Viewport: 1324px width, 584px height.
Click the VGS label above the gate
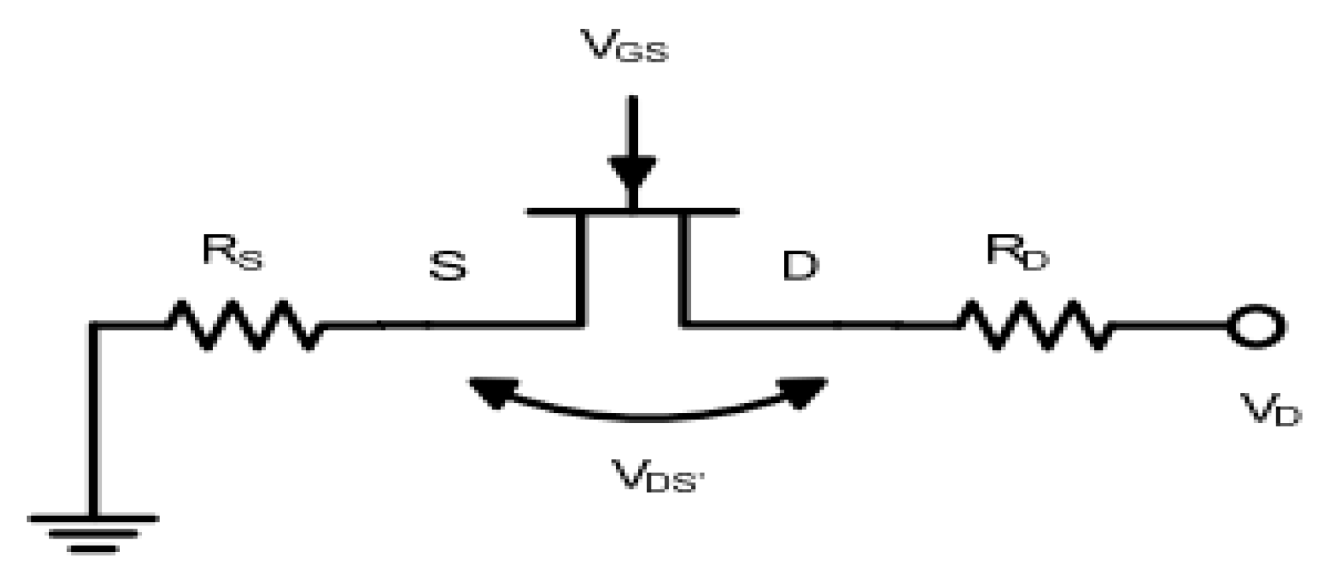click(x=624, y=48)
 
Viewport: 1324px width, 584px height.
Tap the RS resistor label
click(x=232, y=252)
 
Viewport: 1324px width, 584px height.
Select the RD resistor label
click(x=1017, y=252)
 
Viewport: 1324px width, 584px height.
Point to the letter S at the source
click(x=448, y=265)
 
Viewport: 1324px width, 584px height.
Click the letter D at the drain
click(x=800, y=265)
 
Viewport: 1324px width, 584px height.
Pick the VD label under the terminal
click(x=1271, y=409)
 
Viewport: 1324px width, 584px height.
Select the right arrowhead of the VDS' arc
click(x=805, y=391)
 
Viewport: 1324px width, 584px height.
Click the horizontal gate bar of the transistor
click(x=632, y=211)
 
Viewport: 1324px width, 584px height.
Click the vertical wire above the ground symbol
click(x=93, y=419)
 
